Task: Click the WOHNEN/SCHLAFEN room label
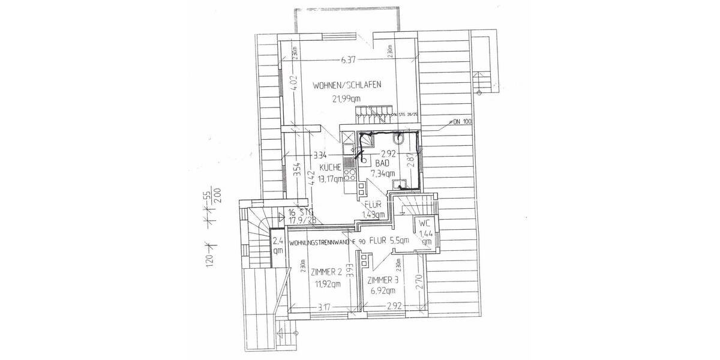coord(347,86)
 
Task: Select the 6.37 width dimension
coord(347,59)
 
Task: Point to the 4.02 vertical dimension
coord(293,82)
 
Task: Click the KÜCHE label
coord(330,167)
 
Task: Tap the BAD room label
coord(382,163)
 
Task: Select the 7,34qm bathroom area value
coord(382,174)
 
